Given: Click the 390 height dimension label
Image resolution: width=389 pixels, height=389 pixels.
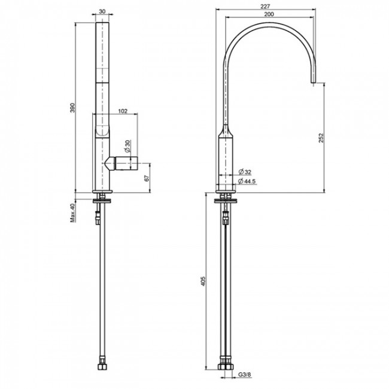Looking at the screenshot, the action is [x=72, y=107].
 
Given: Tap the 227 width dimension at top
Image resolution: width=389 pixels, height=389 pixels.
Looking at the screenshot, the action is [x=266, y=6].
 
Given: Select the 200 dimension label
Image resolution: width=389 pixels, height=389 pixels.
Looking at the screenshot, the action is [x=269, y=14].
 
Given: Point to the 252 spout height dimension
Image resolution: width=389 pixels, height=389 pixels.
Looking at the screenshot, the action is [x=321, y=138].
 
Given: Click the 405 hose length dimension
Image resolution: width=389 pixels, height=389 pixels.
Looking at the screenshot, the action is [x=203, y=281].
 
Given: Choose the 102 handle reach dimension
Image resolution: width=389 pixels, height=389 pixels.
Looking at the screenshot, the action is [x=123, y=111].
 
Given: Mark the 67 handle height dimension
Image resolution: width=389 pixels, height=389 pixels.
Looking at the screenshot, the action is [x=147, y=178].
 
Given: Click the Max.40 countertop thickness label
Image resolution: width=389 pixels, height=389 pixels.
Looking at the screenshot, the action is [x=72, y=213].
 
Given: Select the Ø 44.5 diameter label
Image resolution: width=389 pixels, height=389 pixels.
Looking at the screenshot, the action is [x=247, y=181].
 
